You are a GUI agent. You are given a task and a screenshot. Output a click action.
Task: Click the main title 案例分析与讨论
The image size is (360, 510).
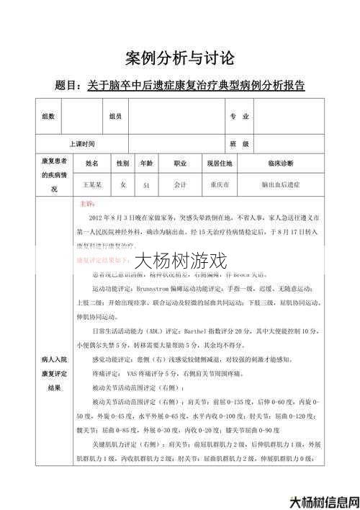click(x=179, y=57)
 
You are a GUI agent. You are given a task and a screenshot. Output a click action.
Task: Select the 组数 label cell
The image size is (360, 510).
click(x=48, y=116)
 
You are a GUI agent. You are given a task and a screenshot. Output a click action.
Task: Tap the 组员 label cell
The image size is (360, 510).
click(x=115, y=116)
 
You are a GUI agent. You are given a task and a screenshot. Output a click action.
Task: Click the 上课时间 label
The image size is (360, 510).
click(x=82, y=143)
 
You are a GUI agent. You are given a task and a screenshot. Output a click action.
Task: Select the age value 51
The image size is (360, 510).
click(x=146, y=185)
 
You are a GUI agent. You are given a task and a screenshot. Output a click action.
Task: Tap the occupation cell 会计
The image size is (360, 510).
click(x=180, y=185)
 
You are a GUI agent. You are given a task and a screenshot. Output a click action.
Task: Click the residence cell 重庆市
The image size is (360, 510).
click(x=220, y=185)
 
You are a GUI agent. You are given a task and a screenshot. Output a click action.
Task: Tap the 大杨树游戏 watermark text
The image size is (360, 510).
click(x=180, y=259)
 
